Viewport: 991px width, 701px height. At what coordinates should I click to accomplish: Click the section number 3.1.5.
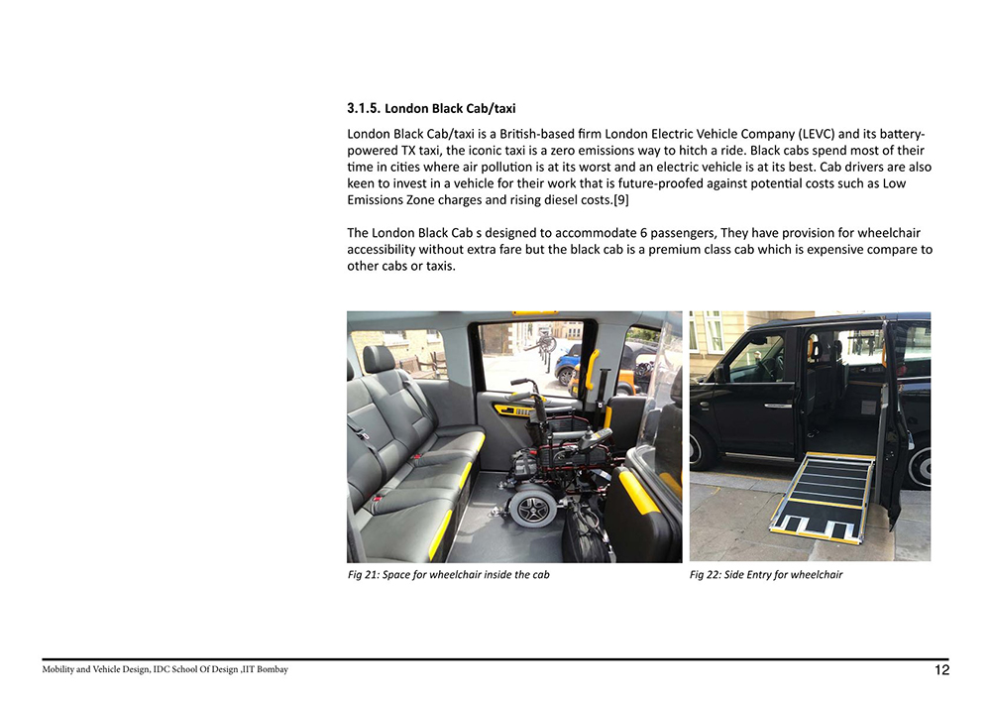pos(363,107)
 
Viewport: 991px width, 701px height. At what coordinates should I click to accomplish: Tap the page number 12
pos(941,670)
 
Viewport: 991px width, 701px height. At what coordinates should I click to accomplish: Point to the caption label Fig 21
pos(363,575)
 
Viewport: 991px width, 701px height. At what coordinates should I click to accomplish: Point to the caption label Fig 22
pos(706,575)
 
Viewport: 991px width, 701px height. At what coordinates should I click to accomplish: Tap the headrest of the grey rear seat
pos(379,358)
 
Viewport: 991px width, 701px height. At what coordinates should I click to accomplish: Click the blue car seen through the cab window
pos(568,363)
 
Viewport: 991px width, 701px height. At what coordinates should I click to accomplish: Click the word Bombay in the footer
pos(272,670)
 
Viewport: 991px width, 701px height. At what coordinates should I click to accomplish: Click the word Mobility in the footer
pos(61,670)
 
